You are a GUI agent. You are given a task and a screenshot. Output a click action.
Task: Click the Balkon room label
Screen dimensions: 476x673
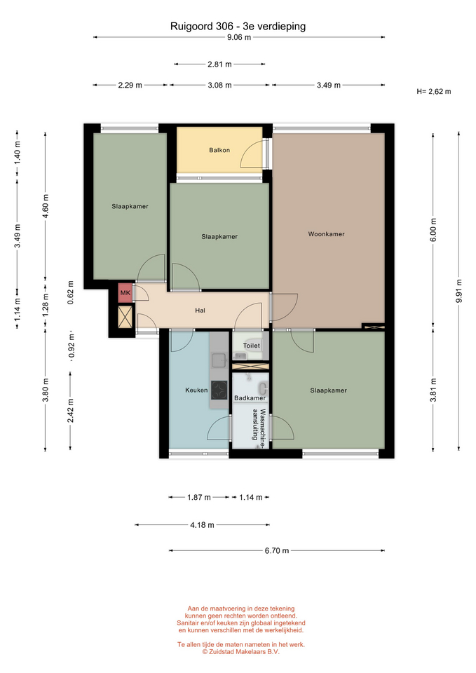[x=219, y=150]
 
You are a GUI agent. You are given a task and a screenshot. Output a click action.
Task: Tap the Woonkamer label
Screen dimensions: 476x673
[x=326, y=234]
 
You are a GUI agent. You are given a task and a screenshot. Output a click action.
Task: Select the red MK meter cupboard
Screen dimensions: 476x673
[x=125, y=293]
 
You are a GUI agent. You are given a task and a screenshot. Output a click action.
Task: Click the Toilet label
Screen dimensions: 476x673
[x=252, y=346]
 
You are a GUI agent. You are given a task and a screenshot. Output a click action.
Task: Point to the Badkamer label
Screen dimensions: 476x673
[x=250, y=398]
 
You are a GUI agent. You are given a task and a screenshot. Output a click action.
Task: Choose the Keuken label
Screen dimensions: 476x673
[x=196, y=390]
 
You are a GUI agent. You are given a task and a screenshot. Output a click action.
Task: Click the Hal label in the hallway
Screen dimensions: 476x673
[x=200, y=311]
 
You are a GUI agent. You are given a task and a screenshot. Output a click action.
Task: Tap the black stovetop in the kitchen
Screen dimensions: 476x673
[x=219, y=390]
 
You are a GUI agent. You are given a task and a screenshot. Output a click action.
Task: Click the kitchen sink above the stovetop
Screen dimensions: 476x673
[x=219, y=360]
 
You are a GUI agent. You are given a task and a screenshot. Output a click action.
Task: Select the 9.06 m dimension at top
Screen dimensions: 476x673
[x=239, y=37]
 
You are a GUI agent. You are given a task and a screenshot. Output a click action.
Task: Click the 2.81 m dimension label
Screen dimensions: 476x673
[x=219, y=64]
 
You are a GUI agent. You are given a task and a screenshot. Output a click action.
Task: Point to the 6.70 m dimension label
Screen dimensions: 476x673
[x=277, y=551]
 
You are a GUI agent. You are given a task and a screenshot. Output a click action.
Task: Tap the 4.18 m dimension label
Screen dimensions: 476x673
[x=202, y=525]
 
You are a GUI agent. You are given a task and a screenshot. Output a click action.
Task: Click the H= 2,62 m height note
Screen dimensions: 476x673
[x=433, y=91]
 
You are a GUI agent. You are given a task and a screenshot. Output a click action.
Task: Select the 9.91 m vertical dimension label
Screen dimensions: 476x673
[x=459, y=291]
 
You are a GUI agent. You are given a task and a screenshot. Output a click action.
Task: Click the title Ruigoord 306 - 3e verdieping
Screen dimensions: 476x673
[x=238, y=26]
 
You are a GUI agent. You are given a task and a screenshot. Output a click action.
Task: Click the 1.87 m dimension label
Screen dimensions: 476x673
[x=199, y=498]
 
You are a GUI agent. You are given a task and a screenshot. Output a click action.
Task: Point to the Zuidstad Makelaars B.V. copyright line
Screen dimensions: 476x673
[x=240, y=651]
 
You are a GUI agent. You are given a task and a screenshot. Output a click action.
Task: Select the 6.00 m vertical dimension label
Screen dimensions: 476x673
[x=433, y=230]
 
